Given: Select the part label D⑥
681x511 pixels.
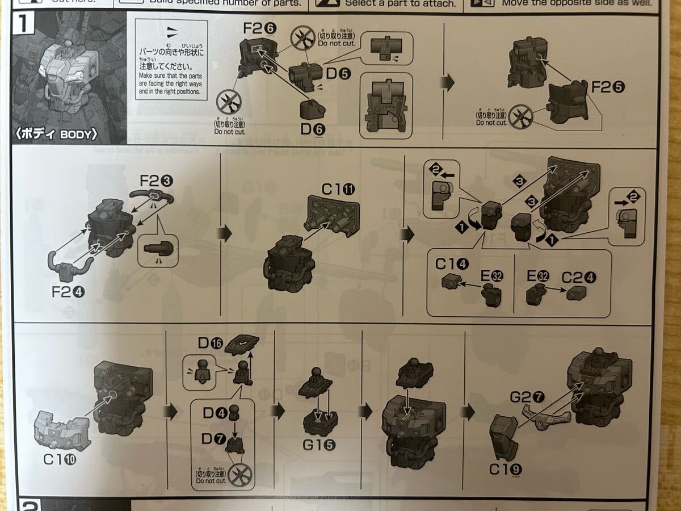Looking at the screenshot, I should (313, 129).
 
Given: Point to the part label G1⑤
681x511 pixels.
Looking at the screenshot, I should (318, 445).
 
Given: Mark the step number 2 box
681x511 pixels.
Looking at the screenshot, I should (26, 504).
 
